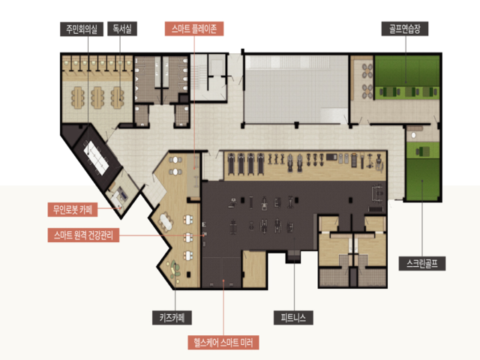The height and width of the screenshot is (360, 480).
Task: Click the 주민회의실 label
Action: pyautogui.click(x=82, y=29)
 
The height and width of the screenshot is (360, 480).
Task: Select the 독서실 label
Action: pyautogui.click(x=122, y=28)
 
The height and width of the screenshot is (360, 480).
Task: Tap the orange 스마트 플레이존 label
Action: pyautogui.click(x=194, y=28)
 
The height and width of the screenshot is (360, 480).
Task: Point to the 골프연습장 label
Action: pyautogui.click(x=405, y=28)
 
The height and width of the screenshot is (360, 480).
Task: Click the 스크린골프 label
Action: pyautogui.click(x=421, y=263)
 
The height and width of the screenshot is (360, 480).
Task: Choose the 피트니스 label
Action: pyautogui.click(x=293, y=317)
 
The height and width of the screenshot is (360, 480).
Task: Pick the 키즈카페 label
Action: pyautogui.click(x=172, y=317)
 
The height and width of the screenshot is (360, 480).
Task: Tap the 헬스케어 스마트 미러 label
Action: pyautogui.click(x=223, y=342)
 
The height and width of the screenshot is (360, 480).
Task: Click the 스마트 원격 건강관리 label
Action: pyautogui.click(x=83, y=235)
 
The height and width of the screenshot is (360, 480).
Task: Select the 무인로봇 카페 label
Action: pyautogui.click(x=73, y=210)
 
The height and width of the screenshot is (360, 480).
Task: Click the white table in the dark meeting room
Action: pyautogui.click(x=97, y=157)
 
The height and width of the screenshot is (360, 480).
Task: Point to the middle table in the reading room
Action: pyautogui.click(x=97, y=97)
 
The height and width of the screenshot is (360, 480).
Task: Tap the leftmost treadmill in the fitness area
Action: pyautogui.click(x=231, y=163)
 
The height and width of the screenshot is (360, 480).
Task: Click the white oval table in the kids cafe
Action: pyautogui.click(x=166, y=221)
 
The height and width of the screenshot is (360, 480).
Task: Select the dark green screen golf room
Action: pyautogui.click(x=422, y=178)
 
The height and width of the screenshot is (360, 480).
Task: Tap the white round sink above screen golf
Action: pyautogui.click(x=414, y=135)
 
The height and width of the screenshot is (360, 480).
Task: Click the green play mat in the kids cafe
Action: pyautogui.click(x=175, y=268)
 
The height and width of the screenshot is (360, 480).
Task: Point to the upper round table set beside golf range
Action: pyautogui.click(x=367, y=70)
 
